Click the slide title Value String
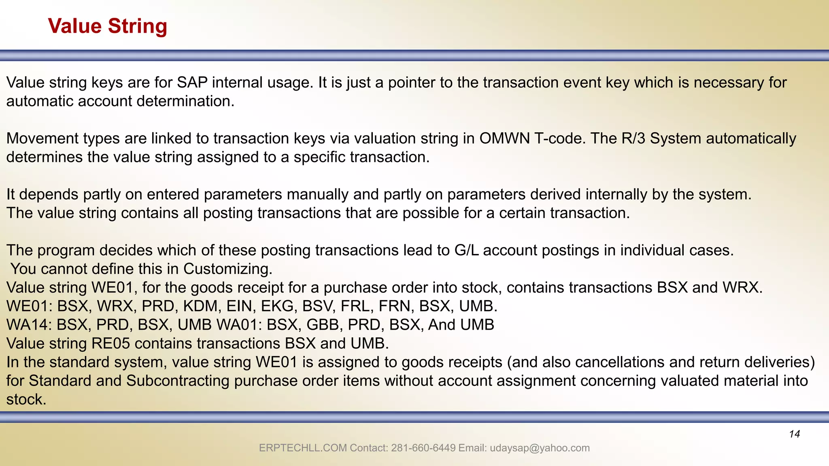107,26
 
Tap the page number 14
794,434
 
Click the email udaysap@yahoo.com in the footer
540,448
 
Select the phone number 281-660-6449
423,448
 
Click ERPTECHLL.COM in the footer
303,448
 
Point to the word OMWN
504,138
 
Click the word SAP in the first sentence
192,83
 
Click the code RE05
111,343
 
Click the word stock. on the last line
26,399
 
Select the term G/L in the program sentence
466,250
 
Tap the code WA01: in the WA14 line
239,325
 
